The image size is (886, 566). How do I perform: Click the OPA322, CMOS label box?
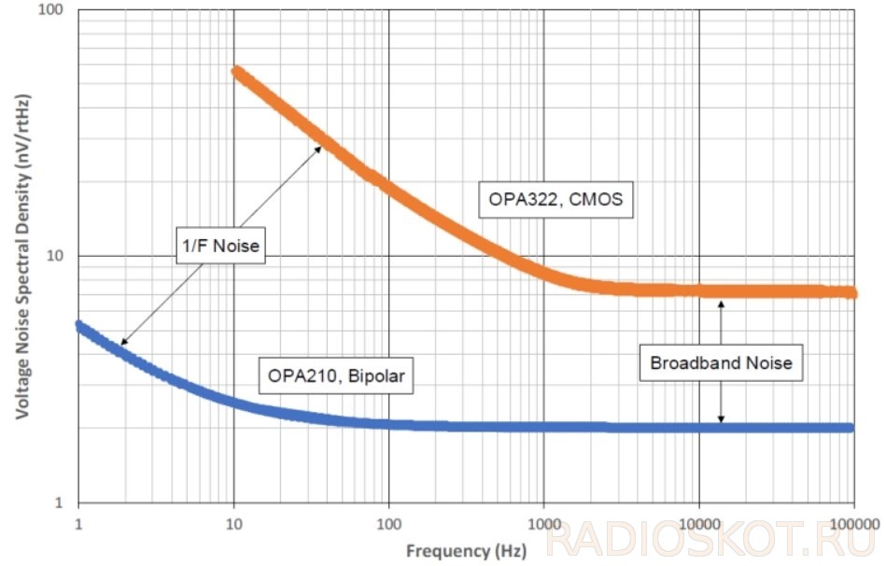(x=556, y=200)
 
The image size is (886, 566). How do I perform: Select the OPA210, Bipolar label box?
(x=336, y=375)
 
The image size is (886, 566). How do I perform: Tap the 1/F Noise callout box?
(x=221, y=246)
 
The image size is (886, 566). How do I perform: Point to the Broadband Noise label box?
(x=721, y=362)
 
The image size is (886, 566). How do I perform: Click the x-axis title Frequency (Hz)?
(x=466, y=551)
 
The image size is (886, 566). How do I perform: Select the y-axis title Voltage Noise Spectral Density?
(x=22, y=256)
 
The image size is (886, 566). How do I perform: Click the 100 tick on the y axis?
(x=50, y=9)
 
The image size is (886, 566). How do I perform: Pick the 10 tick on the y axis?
(x=55, y=256)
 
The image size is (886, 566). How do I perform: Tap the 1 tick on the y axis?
(x=59, y=502)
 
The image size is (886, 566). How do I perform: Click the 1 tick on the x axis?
(x=78, y=524)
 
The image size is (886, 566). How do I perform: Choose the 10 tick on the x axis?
(x=233, y=524)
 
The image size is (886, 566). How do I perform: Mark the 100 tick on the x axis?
(x=388, y=524)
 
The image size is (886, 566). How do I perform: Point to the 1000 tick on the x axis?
(x=544, y=524)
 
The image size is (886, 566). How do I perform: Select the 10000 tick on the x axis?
(x=699, y=524)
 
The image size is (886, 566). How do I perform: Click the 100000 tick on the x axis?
(x=854, y=524)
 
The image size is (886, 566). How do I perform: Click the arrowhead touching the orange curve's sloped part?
(x=318, y=149)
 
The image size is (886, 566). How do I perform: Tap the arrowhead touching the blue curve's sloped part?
(x=124, y=341)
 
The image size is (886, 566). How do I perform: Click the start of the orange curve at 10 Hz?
(x=237, y=73)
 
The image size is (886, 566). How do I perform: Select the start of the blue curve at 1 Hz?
(x=79, y=326)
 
